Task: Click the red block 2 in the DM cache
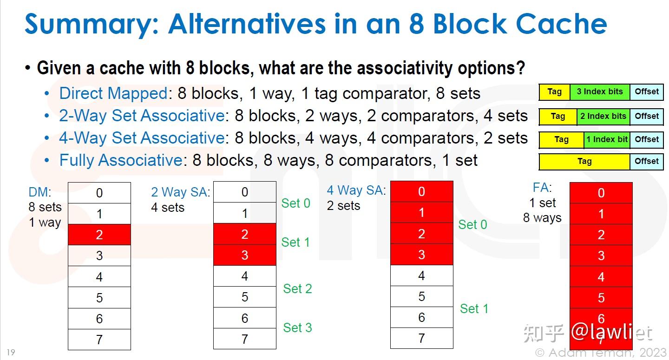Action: [x=99, y=235]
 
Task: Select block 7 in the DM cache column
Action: [x=99, y=340]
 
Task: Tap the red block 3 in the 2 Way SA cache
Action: [x=244, y=255]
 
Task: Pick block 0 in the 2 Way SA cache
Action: [x=244, y=192]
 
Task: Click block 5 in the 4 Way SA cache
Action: [x=422, y=296]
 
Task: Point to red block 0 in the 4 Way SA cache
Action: [x=422, y=192]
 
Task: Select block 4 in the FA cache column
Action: [x=601, y=277]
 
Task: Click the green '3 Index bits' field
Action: [x=600, y=92]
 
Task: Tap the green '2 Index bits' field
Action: [x=603, y=117]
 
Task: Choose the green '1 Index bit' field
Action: [x=607, y=140]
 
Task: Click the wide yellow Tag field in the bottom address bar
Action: [x=584, y=162]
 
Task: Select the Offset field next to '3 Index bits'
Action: [x=647, y=92]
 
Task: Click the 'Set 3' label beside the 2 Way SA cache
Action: [x=297, y=328]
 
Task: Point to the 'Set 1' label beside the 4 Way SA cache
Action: [x=474, y=308]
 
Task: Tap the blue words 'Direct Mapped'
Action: [x=113, y=93]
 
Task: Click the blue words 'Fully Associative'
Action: [x=121, y=160]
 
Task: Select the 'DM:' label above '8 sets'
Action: [x=40, y=192]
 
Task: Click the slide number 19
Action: [x=11, y=352]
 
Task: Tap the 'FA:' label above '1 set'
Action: [x=542, y=188]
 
